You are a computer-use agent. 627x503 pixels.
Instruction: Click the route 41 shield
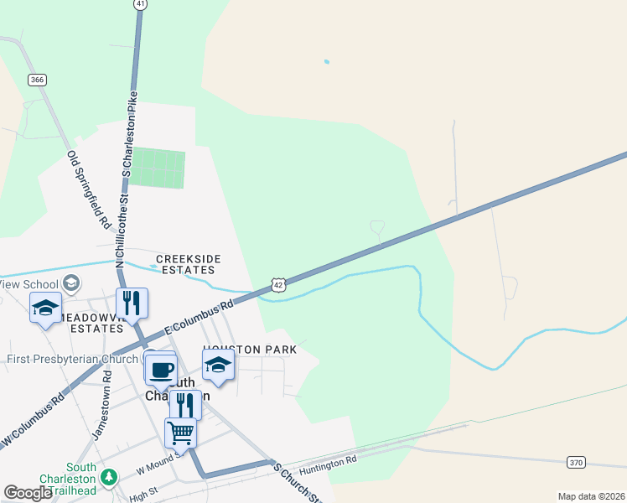(140, 4)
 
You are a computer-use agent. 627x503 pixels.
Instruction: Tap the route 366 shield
(37, 80)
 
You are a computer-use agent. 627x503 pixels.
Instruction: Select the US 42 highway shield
(279, 284)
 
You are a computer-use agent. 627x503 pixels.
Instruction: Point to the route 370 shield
(575, 461)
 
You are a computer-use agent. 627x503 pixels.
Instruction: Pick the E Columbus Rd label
(198, 320)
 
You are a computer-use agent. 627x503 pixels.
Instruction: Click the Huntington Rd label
(329, 464)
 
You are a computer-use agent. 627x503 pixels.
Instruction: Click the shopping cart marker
(181, 433)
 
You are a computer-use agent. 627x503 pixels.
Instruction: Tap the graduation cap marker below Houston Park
(218, 365)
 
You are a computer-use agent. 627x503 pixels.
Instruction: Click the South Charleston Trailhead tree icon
(108, 477)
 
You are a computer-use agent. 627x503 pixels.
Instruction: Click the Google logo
(28, 493)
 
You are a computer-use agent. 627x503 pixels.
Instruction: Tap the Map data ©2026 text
(590, 496)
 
